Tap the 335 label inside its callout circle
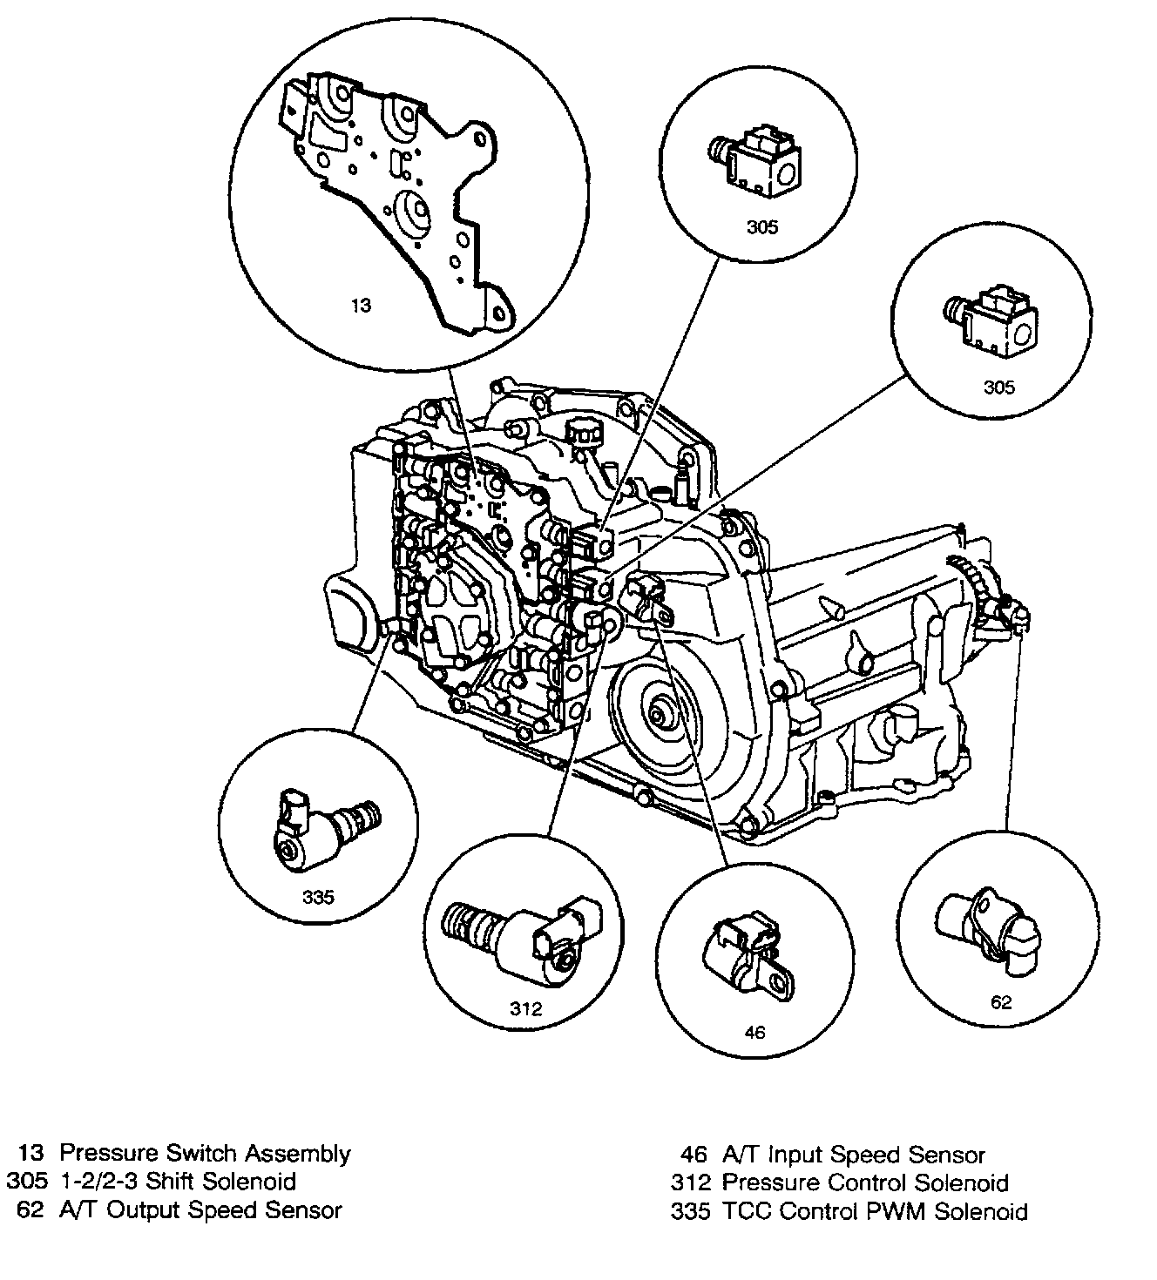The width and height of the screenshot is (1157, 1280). point(318,896)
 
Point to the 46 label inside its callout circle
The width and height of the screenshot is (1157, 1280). point(754,1032)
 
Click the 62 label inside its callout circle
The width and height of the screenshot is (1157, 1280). point(1001,1001)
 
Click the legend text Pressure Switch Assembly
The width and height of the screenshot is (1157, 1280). point(205,1154)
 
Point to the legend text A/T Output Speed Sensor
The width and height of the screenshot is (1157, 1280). point(200,1209)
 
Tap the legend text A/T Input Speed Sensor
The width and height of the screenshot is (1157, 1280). point(854,1155)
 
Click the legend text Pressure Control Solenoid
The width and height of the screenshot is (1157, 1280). point(865,1182)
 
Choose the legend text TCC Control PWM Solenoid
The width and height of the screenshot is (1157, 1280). point(875,1211)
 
